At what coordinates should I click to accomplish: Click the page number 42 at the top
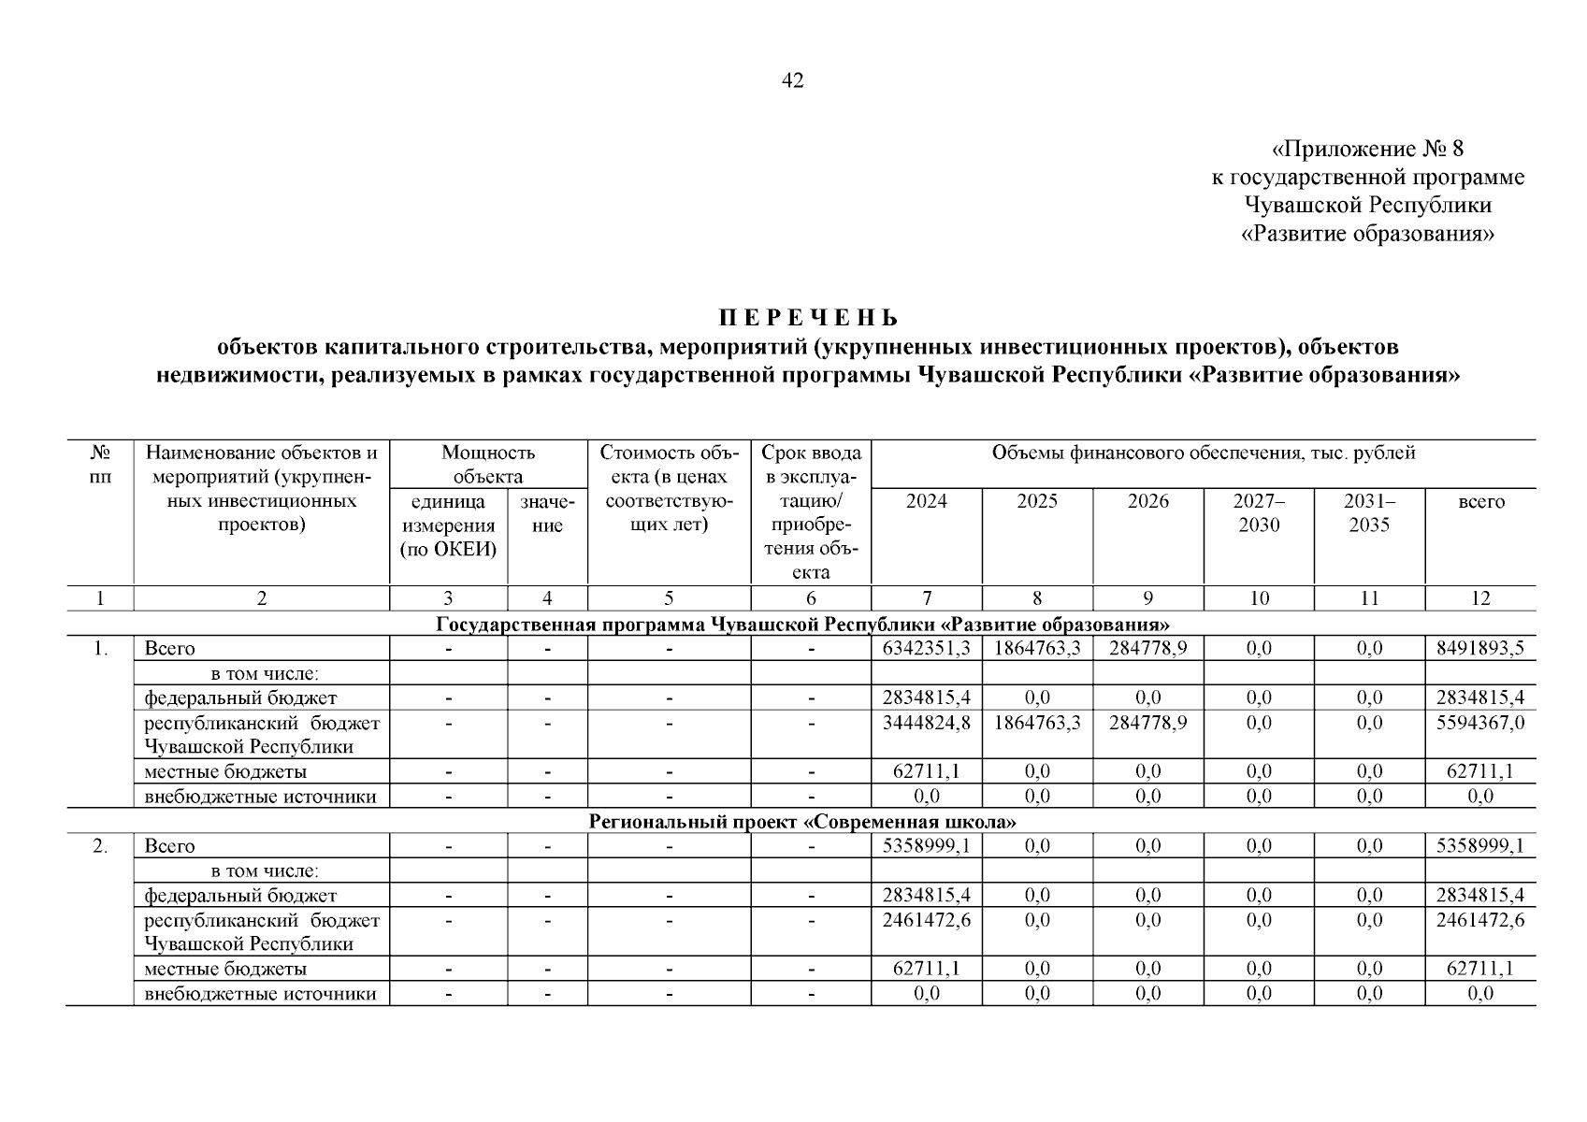click(792, 80)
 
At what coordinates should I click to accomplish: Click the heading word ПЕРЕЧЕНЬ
click(808, 318)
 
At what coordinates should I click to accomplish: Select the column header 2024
click(926, 501)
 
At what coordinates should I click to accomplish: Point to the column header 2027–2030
click(1258, 512)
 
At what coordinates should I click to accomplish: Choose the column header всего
click(1480, 501)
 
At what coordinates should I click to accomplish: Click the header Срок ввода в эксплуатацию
click(811, 512)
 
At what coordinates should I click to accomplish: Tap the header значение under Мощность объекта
click(547, 512)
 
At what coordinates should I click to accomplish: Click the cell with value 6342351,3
click(926, 648)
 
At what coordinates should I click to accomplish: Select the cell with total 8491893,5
click(1480, 648)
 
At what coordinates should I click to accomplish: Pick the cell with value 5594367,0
click(1480, 723)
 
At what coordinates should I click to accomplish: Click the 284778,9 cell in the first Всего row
click(1147, 648)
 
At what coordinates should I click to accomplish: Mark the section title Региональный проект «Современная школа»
click(802, 822)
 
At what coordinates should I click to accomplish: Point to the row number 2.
click(100, 846)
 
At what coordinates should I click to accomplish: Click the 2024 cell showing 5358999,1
click(926, 846)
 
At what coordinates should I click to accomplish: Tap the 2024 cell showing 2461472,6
click(926, 920)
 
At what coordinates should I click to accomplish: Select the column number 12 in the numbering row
click(1480, 598)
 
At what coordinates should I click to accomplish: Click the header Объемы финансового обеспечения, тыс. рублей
click(1203, 453)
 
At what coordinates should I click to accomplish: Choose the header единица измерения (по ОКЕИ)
click(448, 525)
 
